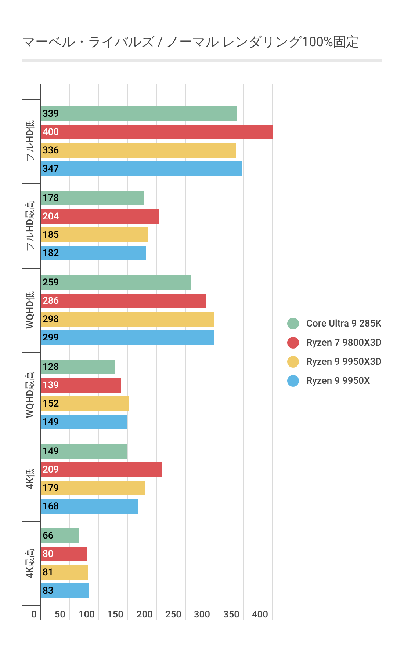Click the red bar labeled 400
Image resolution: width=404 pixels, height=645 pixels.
157,132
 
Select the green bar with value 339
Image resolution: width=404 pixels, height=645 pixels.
139,114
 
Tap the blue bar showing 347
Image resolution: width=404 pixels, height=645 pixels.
141,169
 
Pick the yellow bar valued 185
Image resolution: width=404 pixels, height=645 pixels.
95,235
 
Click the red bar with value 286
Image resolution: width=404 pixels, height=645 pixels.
124,301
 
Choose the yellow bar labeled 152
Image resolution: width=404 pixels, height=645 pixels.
85,404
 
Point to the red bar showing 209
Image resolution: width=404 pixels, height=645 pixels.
102,470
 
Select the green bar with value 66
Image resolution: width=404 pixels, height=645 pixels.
60,536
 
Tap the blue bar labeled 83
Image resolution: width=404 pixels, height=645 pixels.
65,591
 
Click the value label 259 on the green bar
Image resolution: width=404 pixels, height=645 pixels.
51,283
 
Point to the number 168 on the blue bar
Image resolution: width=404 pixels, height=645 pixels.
51,506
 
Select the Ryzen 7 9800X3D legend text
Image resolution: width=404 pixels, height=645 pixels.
344,342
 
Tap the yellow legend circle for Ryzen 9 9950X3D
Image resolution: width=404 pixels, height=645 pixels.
293,362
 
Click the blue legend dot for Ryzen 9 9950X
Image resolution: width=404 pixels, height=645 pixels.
293,381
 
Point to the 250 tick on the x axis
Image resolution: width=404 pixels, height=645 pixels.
173,614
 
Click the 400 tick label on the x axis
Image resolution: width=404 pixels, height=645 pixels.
260,614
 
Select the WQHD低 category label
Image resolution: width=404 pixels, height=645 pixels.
30,310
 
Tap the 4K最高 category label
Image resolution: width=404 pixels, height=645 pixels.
30,563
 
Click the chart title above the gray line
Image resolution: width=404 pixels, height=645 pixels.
190,42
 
